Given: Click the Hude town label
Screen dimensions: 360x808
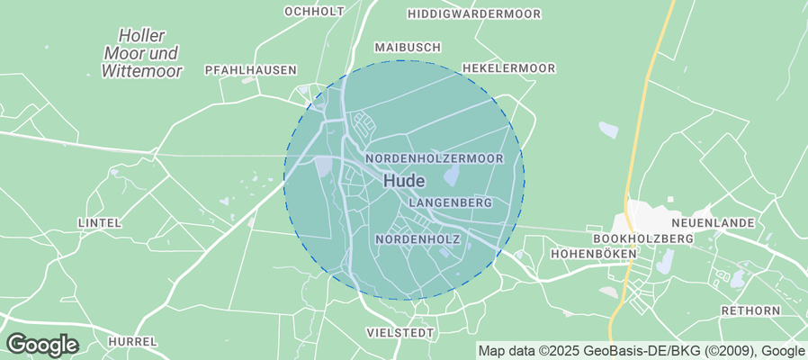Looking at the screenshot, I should click(x=404, y=180).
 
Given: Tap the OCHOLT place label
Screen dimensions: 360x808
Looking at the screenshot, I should click(x=314, y=12).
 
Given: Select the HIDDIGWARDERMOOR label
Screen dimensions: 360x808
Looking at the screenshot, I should click(x=473, y=14).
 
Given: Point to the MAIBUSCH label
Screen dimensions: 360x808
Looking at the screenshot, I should click(x=407, y=47).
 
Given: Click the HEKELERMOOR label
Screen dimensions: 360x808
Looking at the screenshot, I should click(x=508, y=68).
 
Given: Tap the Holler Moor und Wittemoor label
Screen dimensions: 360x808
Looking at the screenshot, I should click(x=142, y=53).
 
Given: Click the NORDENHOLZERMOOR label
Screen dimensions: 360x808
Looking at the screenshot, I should click(x=434, y=158).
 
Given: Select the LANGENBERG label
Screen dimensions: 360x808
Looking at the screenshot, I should click(x=450, y=203).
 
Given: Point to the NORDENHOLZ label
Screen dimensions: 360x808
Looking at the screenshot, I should click(x=417, y=239).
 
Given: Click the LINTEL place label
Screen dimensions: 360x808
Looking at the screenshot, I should click(x=99, y=222).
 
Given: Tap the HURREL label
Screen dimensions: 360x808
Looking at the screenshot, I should click(x=132, y=342).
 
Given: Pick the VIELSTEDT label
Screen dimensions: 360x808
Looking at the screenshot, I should click(x=400, y=333).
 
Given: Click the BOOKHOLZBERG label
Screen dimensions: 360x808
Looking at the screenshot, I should click(x=643, y=238).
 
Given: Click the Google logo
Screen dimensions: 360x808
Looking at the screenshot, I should click(x=41, y=344).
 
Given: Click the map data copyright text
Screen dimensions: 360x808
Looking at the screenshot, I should click(x=641, y=351).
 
